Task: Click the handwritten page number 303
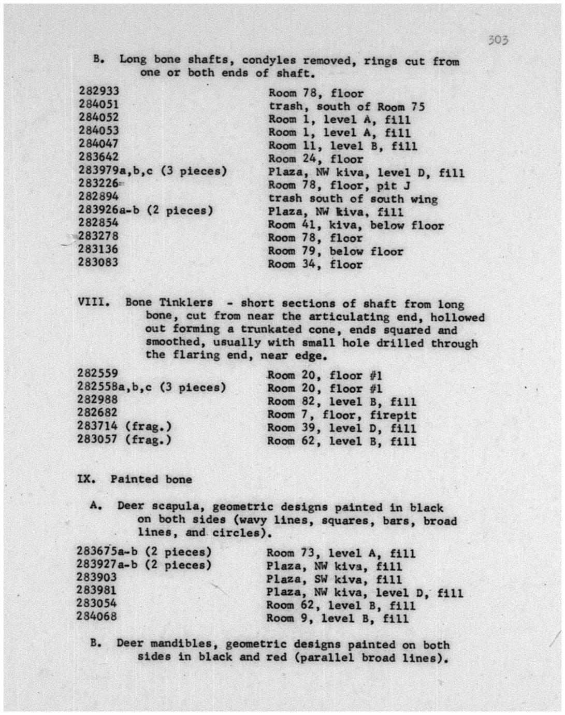498,40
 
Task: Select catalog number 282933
99,91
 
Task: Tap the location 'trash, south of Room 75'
346,107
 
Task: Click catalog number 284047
98,144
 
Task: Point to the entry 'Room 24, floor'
315,159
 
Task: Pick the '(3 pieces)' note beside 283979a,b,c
194,170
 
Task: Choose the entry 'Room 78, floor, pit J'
339,185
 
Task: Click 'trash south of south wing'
353,199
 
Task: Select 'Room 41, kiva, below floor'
356,225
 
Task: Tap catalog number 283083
98,262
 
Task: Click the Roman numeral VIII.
94,302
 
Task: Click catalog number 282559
97,374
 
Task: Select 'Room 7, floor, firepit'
341,415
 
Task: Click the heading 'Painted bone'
151,479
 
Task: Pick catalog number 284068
96,616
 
